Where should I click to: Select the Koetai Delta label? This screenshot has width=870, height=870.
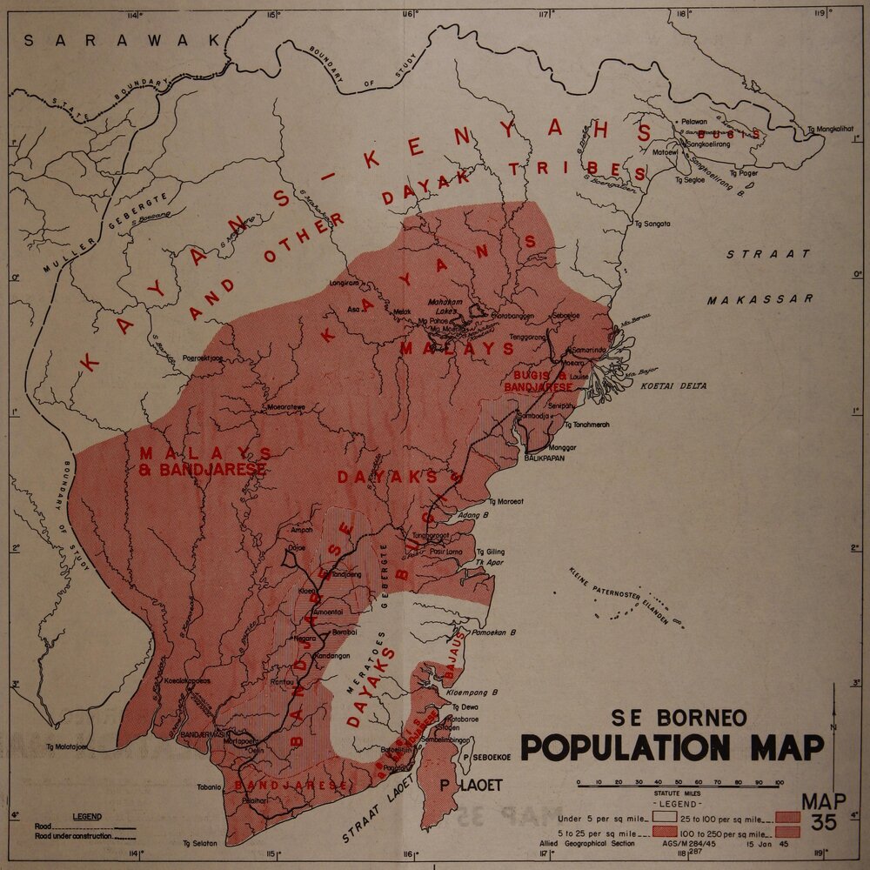click(x=673, y=385)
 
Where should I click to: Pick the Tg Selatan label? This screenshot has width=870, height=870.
click(x=199, y=843)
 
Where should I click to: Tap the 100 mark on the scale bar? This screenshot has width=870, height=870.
click(x=779, y=782)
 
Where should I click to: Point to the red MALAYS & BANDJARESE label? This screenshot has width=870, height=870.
click(x=202, y=462)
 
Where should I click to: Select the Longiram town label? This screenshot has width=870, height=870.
click(x=345, y=283)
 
